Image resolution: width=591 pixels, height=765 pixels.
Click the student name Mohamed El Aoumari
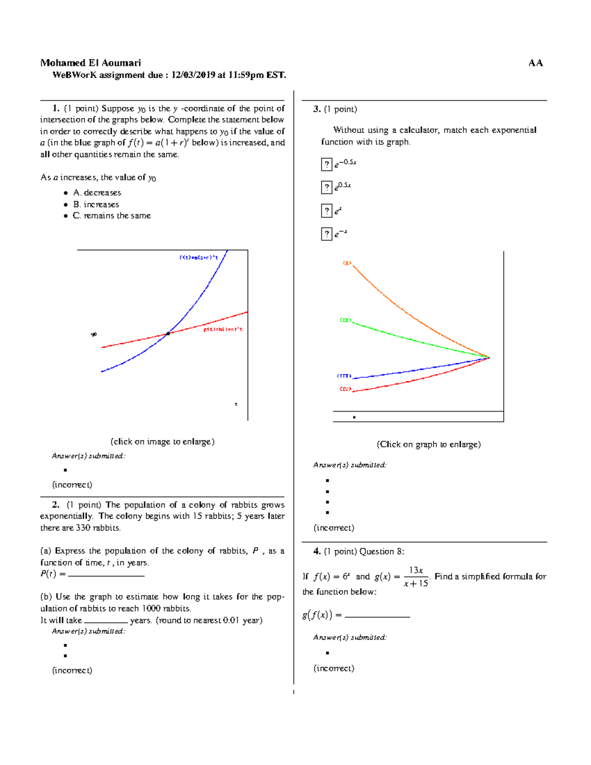pyautogui.click(x=91, y=63)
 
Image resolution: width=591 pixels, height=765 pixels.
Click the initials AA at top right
pyautogui.click(x=535, y=63)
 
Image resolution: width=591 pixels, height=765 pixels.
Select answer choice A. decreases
pyautogui.click(x=97, y=193)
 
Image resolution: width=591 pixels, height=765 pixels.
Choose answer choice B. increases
pyautogui.click(x=96, y=204)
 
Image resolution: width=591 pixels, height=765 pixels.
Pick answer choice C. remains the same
pyautogui.click(x=112, y=216)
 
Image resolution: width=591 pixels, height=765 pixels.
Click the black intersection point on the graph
pyautogui.click(x=168, y=333)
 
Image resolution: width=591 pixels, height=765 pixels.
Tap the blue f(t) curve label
pyautogui.click(x=198, y=257)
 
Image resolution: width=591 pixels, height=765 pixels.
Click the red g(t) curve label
pyautogui.click(x=223, y=329)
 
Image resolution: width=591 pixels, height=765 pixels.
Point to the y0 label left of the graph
pyautogui.click(x=94, y=334)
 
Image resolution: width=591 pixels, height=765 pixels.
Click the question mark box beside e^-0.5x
pyautogui.click(x=327, y=164)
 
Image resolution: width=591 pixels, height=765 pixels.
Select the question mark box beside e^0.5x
pyautogui.click(x=327, y=187)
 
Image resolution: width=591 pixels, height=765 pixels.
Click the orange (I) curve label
pyautogui.click(x=347, y=263)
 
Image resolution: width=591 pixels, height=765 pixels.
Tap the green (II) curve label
pyautogui.click(x=346, y=320)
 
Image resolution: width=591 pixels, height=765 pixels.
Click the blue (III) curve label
pyautogui.click(x=344, y=376)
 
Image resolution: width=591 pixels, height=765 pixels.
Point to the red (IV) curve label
pyautogui.click(x=345, y=389)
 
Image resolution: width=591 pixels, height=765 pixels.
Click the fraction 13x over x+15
pyautogui.click(x=416, y=576)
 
